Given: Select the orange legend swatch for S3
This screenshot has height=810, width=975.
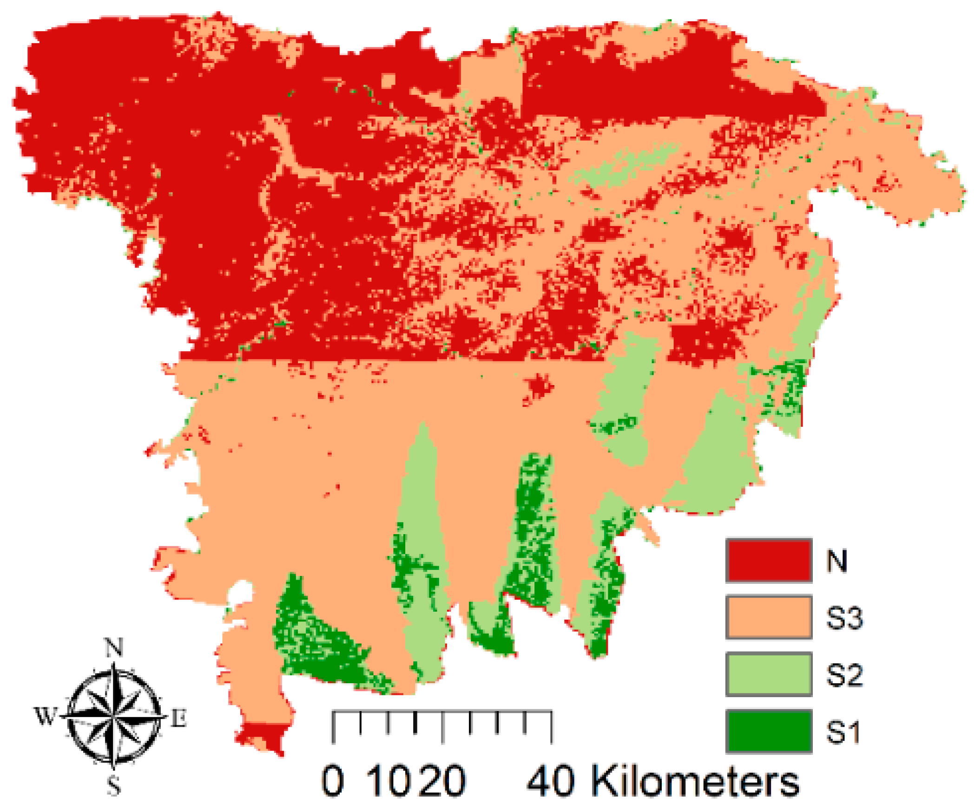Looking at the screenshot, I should pyautogui.click(x=769, y=617).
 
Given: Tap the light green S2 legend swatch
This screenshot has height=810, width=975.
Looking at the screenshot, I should pyautogui.click(x=769, y=674).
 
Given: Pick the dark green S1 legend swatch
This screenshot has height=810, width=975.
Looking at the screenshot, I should pyautogui.click(x=769, y=731).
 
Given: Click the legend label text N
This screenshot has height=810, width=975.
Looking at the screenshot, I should pyautogui.click(x=837, y=561).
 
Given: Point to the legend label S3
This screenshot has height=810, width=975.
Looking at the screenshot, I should pyautogui.click(x=844, y=618).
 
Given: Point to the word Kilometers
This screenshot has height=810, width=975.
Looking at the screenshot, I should pyautogui.click(x=695, y=780).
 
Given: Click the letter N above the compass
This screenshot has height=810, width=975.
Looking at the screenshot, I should pyautogui.click(x=114, y=647).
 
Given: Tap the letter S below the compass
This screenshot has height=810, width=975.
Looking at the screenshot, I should pyautogui.click(x=114, y=785).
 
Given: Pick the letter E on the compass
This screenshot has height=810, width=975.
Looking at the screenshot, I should pyautogui.click(x=179, y=718).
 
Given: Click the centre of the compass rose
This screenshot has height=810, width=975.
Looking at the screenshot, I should pyautogui.click(x=114, y=717).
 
